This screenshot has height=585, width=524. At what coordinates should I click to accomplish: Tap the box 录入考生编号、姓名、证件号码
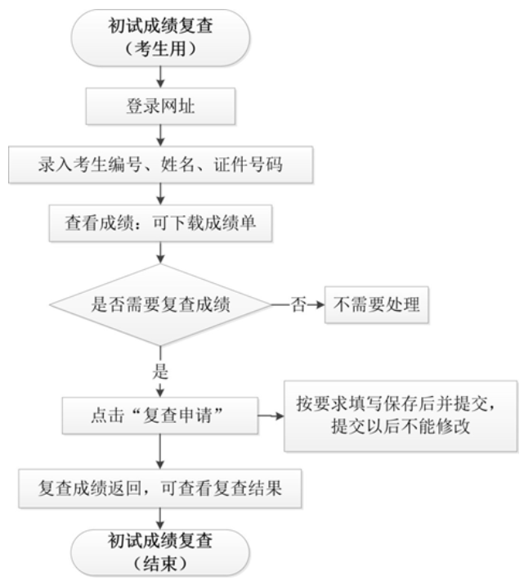point(160,165)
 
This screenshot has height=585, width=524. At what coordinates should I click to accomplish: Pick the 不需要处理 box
point(376,306)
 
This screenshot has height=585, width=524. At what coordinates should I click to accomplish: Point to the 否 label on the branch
point(298,306)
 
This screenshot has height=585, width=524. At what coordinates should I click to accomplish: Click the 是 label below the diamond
point(160,371)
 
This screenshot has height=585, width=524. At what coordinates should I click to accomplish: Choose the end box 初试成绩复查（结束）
point(160,551)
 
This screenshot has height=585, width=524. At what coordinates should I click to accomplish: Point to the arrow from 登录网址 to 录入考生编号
point(160,135)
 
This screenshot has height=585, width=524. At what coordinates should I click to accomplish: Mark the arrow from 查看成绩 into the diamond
point(160,253)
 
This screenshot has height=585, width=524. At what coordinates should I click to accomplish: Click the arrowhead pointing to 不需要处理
point(320,306)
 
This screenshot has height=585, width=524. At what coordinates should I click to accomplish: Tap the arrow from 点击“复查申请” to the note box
point(270,416)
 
